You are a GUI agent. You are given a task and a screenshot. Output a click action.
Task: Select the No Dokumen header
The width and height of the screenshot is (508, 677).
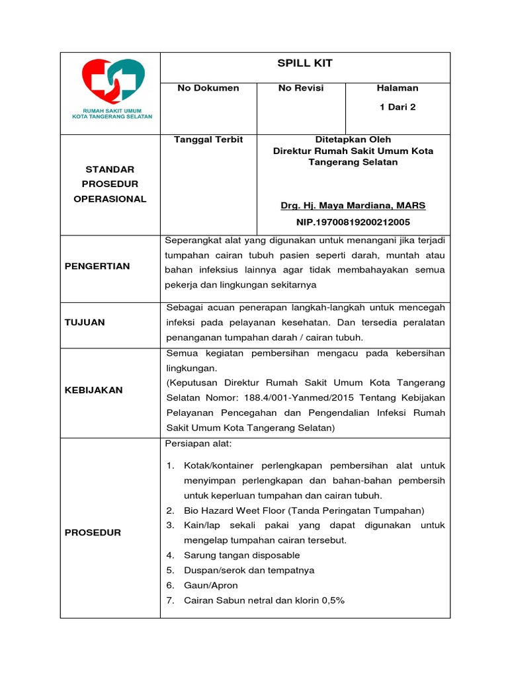coord(208,88)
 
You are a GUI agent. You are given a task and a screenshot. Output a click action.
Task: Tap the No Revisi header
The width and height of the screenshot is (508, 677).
coord(301,88)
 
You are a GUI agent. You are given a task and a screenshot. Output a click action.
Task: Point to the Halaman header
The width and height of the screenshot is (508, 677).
coord(398,88)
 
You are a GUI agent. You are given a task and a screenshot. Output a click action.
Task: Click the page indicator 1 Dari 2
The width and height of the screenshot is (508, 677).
coord(398,107)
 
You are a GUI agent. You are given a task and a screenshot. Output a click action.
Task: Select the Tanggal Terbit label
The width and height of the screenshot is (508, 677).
coord(208,139)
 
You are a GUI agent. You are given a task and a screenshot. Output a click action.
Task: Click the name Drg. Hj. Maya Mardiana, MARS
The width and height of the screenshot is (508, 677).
coord(353,206)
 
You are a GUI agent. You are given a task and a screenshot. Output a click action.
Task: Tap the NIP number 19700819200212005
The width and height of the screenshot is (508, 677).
coord(353,223)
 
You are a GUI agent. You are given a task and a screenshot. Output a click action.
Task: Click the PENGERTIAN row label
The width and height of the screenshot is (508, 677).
coord(97,266)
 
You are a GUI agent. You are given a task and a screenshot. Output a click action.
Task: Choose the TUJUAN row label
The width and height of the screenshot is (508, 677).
coord(85,323)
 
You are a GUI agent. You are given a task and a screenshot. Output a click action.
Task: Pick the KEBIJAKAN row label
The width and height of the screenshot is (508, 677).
coord(93,390)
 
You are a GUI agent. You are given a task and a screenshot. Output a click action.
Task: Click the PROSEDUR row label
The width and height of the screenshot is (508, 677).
coord(93,532)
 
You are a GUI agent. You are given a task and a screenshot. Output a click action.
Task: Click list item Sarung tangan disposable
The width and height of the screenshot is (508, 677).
coord(241,555)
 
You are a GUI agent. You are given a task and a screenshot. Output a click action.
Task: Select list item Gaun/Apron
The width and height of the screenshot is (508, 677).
coord(211,586)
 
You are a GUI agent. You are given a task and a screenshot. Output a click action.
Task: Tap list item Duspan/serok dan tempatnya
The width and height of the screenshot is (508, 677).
coord(249,571)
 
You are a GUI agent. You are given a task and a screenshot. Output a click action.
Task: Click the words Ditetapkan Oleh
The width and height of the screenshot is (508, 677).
coord(353,139)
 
